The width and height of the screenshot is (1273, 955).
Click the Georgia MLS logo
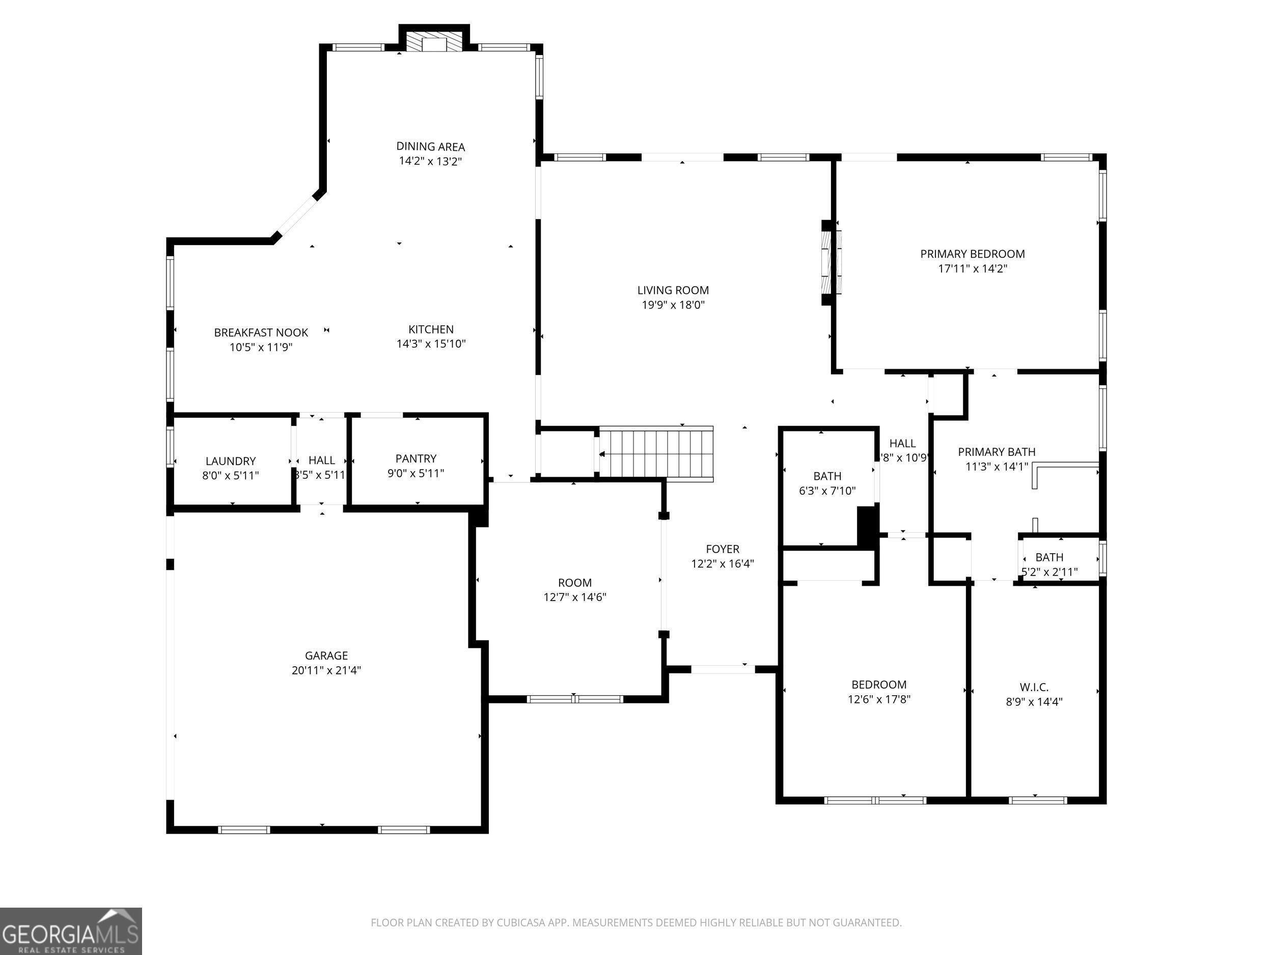(x=71, y=931)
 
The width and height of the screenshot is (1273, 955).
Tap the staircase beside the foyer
(x=656, y=454)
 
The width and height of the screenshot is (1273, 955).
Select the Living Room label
(x=673, y=290)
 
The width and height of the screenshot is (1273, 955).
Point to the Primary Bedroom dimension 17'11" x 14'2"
(x=973, y=268)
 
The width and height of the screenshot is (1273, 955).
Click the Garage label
(x=326, y=655)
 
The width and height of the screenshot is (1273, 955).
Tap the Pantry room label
(x=416, y=458)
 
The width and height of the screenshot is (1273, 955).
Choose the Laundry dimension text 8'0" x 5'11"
(x=230, y=476)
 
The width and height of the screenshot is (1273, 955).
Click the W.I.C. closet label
(x=1034, y=687)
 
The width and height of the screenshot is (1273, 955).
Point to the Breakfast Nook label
(x=261, y=332)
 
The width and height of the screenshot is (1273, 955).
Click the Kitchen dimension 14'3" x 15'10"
(x=431, y=344)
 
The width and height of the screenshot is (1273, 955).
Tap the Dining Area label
(x=430, y=147)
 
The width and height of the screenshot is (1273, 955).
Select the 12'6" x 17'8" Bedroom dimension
(x=879, y=699)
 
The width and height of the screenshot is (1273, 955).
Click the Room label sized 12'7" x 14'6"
(x=574, y=583)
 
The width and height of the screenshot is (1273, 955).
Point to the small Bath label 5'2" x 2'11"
(x=1049, y=557)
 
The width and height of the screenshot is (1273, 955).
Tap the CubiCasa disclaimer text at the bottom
(x=636, y=922)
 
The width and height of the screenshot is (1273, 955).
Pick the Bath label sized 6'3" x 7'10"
(x=827, y=476)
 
